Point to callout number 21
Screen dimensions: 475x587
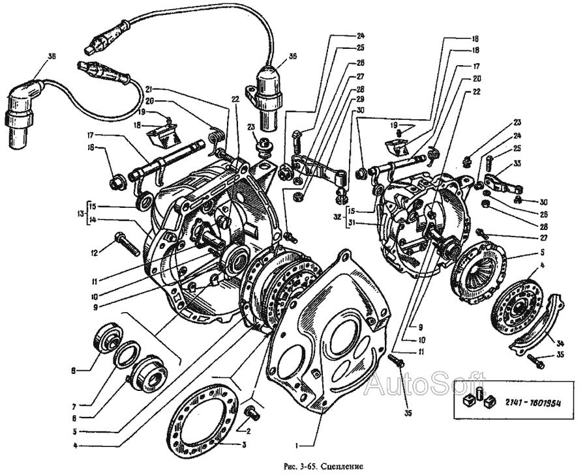(x=149, y=89)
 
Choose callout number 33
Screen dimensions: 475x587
(x=517, y=163)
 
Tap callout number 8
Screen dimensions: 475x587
(x=75, y=371)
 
